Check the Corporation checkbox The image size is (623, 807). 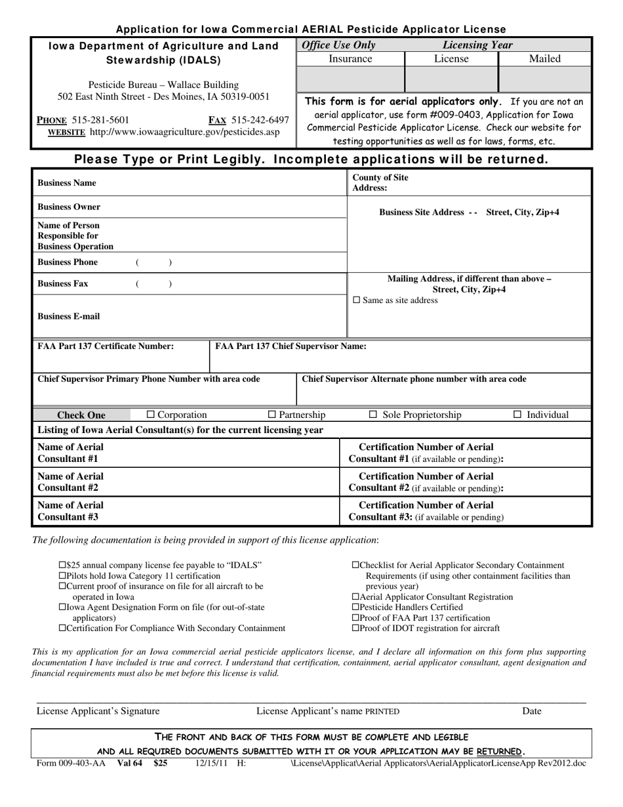[150, 415]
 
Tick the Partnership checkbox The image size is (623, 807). [272, 415]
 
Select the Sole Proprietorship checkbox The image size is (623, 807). [373, 415]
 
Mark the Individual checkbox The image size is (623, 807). [517, 415]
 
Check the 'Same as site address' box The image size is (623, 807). [357, 300]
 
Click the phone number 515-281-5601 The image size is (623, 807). [101, 119]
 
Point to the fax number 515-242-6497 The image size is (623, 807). [260, 119]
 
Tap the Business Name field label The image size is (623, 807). [66, 183]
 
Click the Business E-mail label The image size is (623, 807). [68, 316]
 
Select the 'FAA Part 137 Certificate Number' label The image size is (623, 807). [106, 346]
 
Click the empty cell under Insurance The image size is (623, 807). [351, 79]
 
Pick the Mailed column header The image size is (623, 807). [544, 59]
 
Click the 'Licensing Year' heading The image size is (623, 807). [477, 45]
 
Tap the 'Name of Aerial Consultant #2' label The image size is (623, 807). [70, 482]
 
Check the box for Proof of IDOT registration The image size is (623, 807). [355, 628]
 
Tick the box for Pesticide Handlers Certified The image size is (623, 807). [355, 607]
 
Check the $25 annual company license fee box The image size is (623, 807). [63, 565]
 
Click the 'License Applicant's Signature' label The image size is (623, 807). [98, 711]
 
